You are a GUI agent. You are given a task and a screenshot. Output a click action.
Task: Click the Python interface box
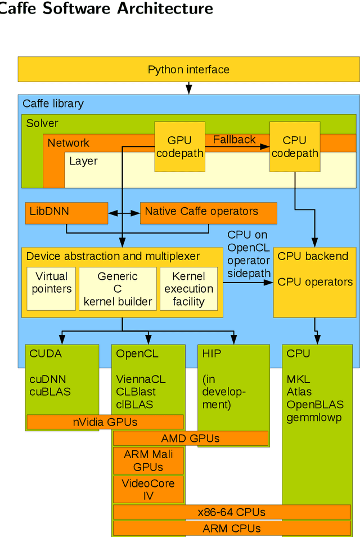tap(188, 70)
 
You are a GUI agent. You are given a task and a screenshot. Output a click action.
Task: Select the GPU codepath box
tap(179, 146)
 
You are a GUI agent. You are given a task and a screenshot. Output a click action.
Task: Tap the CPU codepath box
tap(294, 146)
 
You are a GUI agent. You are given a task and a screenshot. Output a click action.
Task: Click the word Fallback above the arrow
tap(234, 140)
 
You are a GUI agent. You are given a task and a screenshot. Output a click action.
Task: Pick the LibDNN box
tap(66, 213)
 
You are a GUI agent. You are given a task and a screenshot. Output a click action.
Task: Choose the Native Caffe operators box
tap(208, 212)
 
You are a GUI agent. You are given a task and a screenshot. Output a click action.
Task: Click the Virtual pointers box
tap(51, 288)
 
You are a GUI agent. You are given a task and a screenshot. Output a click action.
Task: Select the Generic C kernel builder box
tap(118, 288)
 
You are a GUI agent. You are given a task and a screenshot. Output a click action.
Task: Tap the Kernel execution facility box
tap(188, 288)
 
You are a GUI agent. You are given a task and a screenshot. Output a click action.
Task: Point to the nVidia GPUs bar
tap(105, 422)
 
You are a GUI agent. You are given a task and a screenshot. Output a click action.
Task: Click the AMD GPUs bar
tap(190, 438)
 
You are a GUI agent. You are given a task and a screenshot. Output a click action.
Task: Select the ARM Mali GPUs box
tap(148, 460)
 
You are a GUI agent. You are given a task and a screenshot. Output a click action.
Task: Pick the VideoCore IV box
tap(148, 489)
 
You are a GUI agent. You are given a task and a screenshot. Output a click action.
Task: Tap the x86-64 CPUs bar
tap(231, 512)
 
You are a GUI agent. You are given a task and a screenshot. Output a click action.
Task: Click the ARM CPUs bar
tap(231, 529)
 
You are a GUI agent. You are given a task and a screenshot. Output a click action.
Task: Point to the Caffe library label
tap(53, 104)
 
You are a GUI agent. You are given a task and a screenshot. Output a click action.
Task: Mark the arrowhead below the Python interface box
tap(189, 89)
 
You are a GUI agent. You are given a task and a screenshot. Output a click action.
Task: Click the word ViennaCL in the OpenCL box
tap(141, 379)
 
